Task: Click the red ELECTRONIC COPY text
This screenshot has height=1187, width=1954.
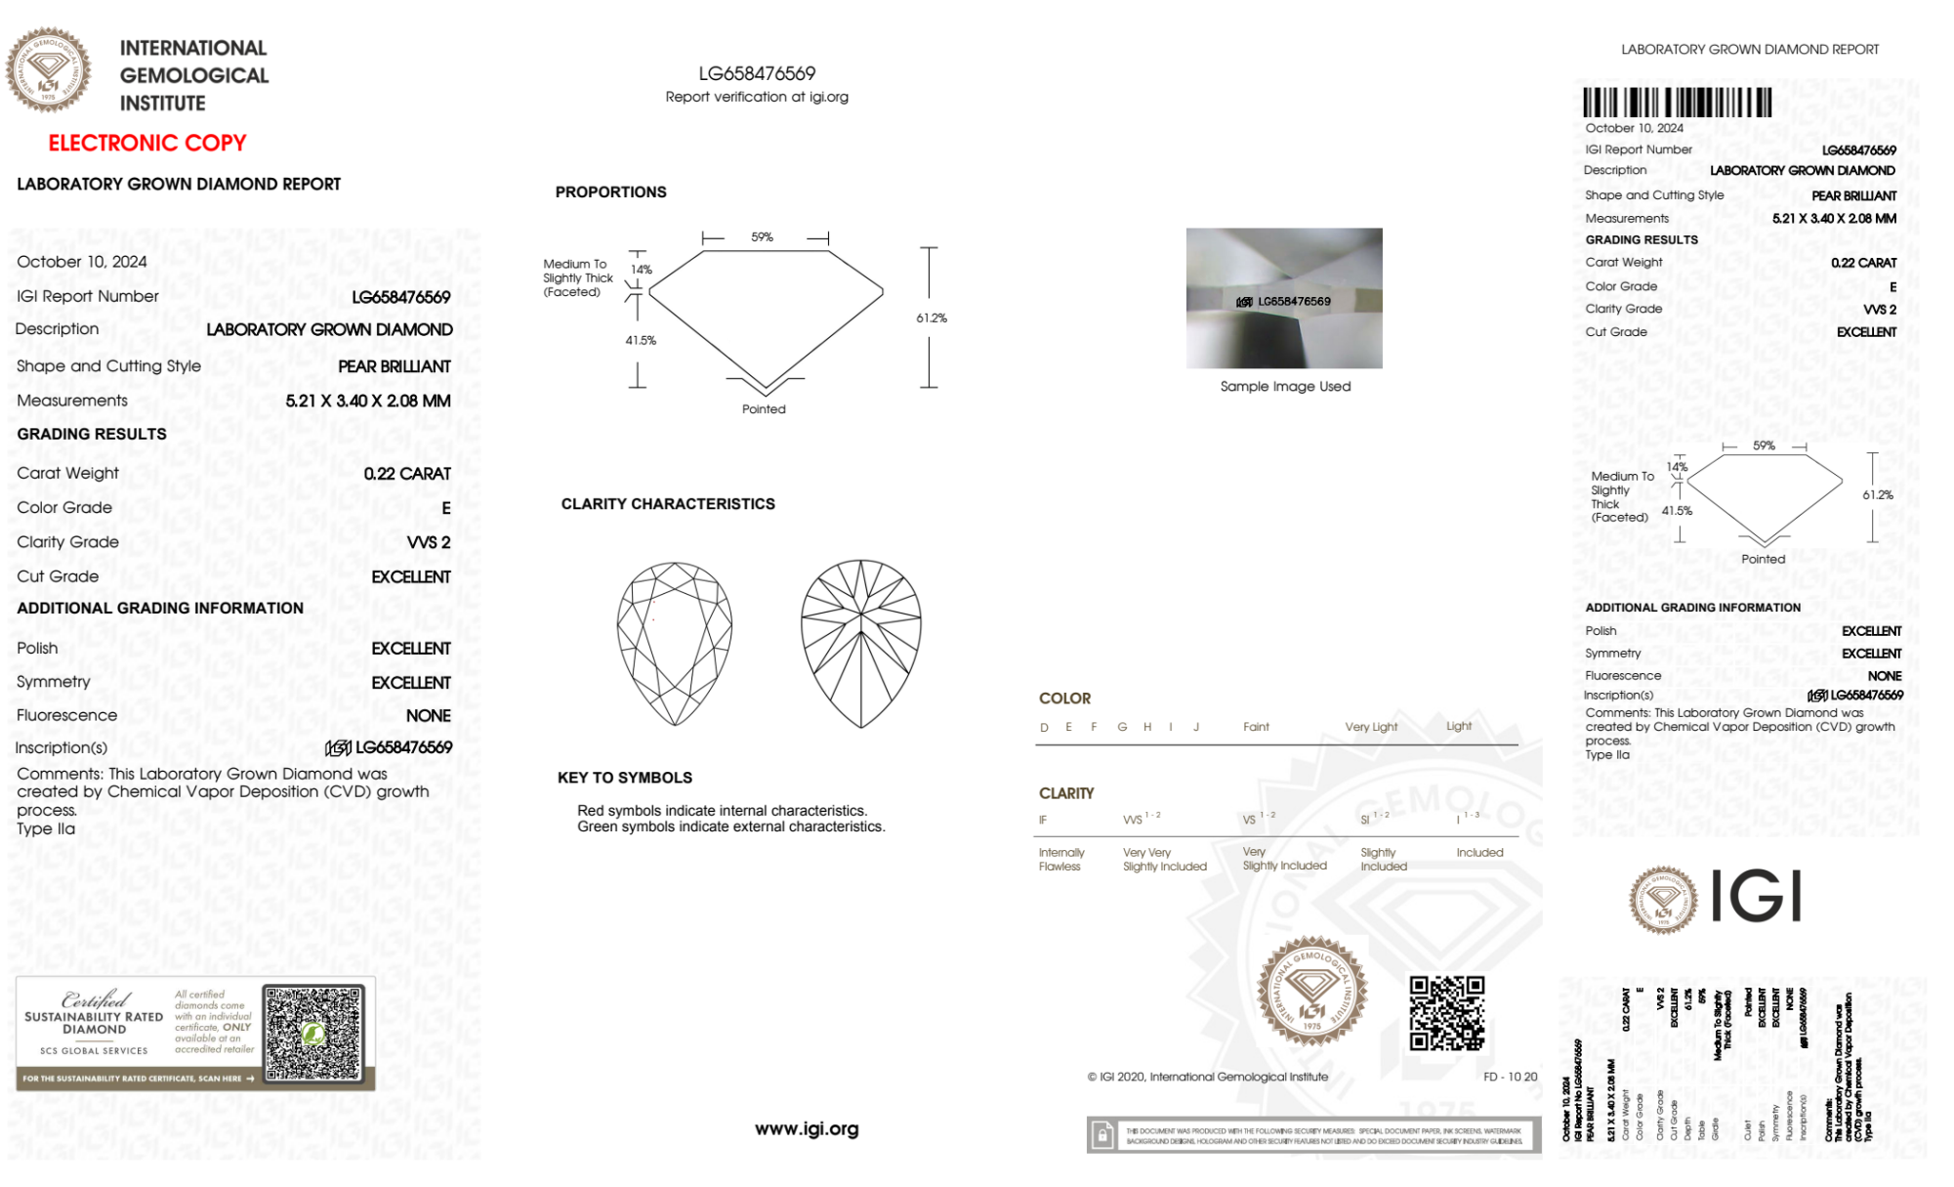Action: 147,143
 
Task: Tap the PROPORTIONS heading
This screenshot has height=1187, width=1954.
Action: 610,192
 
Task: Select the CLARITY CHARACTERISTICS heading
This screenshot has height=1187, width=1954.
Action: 668,504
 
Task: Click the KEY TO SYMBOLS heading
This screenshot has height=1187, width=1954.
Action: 625,778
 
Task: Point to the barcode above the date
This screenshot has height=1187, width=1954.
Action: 1677,103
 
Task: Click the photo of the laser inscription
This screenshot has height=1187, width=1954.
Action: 1284,298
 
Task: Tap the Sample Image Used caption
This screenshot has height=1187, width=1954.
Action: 1285,387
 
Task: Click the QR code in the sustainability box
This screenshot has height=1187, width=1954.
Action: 313,1034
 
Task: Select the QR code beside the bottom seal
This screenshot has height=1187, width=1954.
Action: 1446,1013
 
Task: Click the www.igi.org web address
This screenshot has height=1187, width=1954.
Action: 807,1129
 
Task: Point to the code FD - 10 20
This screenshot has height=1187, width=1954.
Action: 1510,1077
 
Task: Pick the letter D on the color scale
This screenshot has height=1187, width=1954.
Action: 1044,727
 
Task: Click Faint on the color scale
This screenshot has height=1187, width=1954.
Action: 1256,727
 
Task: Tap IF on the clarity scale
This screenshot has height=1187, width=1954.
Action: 1043,820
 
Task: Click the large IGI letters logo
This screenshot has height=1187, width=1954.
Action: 1757,896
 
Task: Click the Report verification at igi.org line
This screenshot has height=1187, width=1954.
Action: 757,97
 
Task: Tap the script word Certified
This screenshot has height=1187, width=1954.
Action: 95,999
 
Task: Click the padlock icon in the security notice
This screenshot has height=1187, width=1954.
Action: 1102,1135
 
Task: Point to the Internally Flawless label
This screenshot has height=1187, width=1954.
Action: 1060,860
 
